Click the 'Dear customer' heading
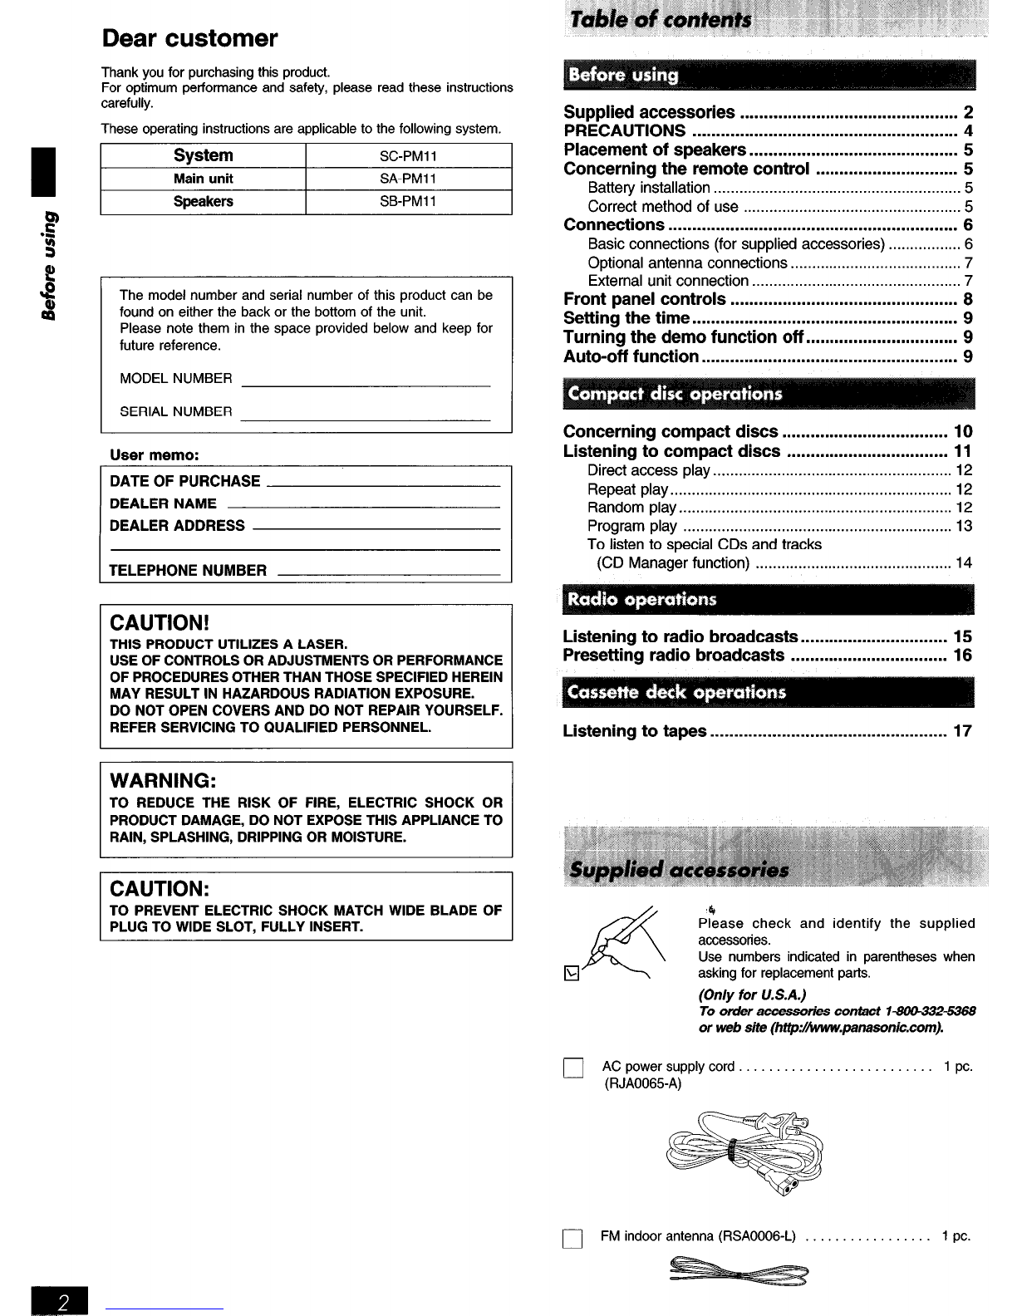tap(189, 38)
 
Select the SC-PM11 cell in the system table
tap(408, 156)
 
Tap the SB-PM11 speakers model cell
tap(408, 202)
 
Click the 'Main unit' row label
tap(204, 179)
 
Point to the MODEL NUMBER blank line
tap(365, 384)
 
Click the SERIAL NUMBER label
tap(175, 412)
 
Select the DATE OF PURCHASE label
tap(184, 482)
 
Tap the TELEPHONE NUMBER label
tap(188, 571)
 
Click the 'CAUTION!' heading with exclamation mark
tap(158, 623)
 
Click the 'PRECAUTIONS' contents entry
tap(625, 131)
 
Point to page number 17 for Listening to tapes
tap(962, 732)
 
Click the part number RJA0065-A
tap(641, 1083)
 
